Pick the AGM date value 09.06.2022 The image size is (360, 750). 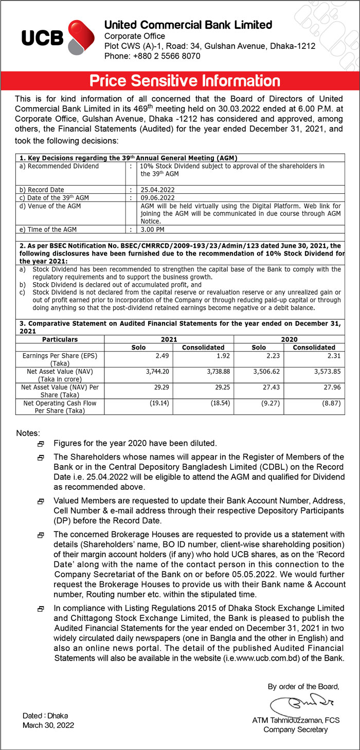coord(158,198)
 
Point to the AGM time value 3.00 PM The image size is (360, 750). coord(153,229)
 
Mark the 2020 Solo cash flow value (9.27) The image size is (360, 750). coord(269,404)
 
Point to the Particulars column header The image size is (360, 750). coord(60,340)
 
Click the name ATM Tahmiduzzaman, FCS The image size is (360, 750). coord(296,720)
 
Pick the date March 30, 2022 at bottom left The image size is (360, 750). coord(48,725)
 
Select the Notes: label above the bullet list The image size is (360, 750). coord(28,433)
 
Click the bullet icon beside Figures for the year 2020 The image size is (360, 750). coord(41,444)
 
